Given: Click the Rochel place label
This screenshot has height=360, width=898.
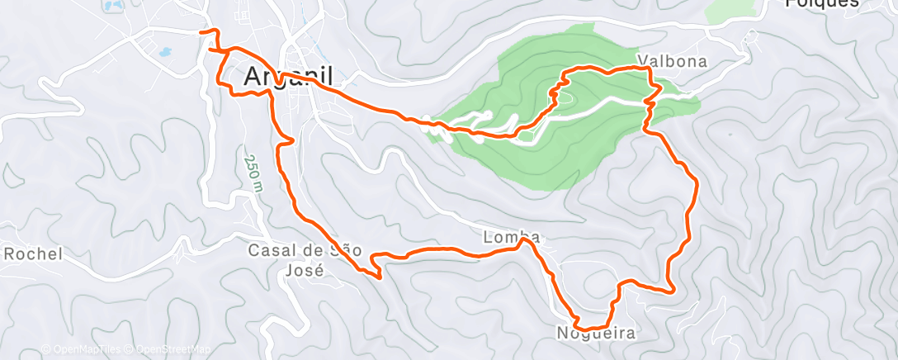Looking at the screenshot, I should (33, 254).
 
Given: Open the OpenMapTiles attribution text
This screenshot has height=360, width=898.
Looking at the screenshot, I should (85, 349).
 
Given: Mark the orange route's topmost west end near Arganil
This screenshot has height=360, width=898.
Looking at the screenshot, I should (201, 31).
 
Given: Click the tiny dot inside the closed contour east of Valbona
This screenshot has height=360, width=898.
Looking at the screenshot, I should (729, 133).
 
